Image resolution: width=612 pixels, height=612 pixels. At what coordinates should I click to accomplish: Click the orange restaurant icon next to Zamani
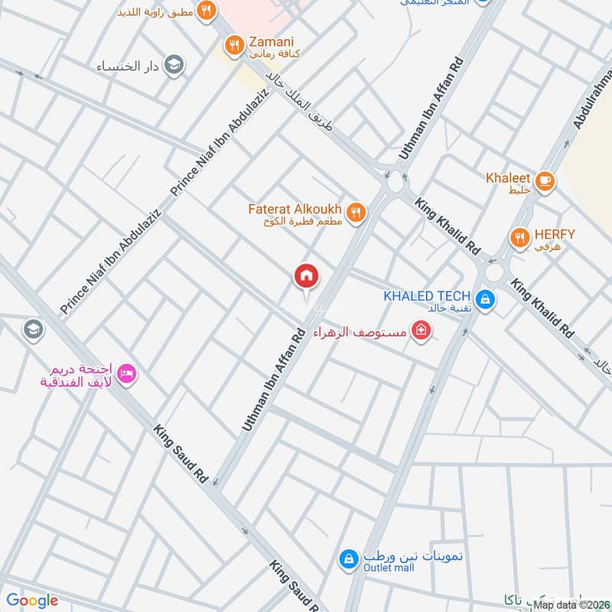236,47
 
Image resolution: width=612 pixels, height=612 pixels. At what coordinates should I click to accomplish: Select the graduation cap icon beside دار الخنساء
174,63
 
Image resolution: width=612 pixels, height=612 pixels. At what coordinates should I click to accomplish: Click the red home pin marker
307,276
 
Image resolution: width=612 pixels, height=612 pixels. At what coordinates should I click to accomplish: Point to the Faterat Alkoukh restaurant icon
355,213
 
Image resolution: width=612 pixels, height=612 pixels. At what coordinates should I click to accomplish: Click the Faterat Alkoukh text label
295,208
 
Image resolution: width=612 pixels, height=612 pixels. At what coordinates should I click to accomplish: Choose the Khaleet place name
508,177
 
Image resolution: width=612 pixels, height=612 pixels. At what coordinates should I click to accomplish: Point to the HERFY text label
555,234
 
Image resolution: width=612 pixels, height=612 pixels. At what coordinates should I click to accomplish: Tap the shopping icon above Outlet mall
348,559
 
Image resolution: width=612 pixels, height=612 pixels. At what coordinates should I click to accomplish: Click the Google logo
32,601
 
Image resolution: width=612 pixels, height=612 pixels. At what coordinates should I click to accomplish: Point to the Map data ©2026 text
571,604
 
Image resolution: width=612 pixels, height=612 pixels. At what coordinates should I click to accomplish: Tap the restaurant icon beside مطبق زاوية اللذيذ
205,11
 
